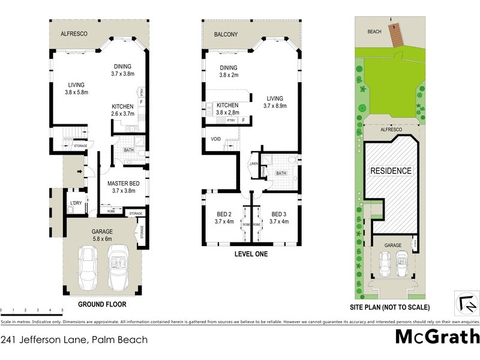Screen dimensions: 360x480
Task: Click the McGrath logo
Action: click(437, 337)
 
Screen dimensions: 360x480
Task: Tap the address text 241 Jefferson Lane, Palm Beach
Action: click(74, 340)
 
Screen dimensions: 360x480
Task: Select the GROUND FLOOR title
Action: click(101, 304)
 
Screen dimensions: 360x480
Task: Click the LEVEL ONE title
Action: click(251, 254)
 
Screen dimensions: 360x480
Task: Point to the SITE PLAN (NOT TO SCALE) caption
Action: click(390, 307)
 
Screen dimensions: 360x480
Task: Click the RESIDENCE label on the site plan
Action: click(391, 171)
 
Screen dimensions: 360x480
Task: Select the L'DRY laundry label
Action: click(76, 203)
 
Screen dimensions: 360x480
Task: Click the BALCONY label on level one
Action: click(226, 35)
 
